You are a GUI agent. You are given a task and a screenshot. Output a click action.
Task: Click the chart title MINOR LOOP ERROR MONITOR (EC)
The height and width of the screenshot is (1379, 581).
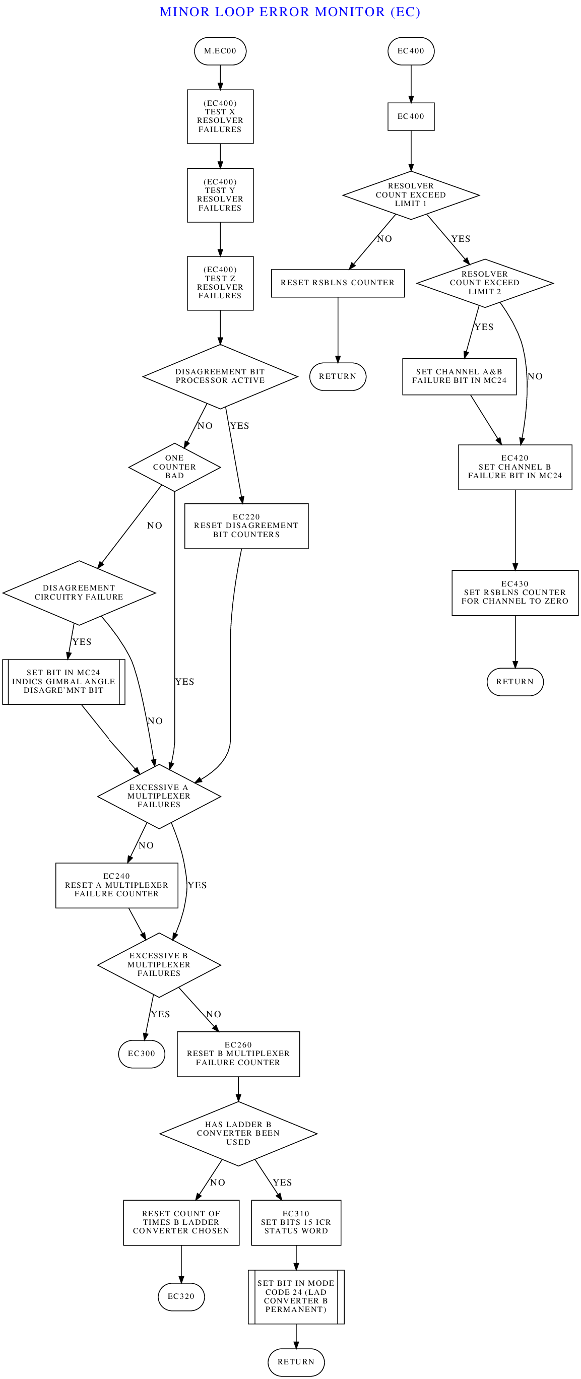point(290,12)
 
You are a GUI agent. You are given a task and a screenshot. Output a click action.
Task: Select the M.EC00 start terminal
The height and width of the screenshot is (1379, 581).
point(220,51)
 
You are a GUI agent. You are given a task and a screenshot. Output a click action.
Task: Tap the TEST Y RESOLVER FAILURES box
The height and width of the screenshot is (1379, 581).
point(220,195)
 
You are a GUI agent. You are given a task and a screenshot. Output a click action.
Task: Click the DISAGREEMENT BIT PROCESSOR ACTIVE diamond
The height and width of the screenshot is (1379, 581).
point(220,376)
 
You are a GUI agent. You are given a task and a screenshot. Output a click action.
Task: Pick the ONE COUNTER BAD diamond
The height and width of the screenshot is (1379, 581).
point(174,467)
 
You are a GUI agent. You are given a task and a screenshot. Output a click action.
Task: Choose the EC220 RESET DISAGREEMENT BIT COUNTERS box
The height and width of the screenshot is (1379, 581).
point(246,526)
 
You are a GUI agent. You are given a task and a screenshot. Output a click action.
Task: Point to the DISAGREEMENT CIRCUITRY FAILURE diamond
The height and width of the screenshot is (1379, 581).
point(79,593)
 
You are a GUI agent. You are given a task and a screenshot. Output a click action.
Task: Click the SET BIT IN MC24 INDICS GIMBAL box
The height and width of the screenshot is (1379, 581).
point(63,682)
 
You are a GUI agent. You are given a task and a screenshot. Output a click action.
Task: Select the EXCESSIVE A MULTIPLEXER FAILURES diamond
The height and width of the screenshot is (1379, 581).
point(159,796)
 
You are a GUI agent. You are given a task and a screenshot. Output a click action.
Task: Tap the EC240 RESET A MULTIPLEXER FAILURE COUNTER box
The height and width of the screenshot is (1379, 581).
point(117,885)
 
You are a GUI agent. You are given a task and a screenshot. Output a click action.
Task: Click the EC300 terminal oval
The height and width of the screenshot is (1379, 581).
point(142,1054)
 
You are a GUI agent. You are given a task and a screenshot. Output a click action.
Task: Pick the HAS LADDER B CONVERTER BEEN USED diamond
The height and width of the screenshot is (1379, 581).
point(238,1133)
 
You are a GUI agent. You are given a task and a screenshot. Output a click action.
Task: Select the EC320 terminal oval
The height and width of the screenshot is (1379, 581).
point(181,1296)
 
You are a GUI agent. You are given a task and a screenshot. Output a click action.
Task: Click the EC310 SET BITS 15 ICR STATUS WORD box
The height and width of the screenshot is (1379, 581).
point(296,1223)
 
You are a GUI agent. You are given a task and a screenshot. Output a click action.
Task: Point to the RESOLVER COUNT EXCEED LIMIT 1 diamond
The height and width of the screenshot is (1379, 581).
point(411,195)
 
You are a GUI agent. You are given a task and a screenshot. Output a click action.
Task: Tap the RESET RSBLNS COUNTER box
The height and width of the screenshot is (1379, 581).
point(338,283)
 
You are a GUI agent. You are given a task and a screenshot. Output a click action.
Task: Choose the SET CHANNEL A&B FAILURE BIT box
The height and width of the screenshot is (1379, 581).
point(460,376)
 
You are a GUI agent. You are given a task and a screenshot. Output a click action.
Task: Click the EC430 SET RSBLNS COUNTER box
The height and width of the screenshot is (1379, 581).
point(515,593)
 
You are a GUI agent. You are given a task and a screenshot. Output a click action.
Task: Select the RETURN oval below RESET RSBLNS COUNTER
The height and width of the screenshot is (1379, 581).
point(338,376)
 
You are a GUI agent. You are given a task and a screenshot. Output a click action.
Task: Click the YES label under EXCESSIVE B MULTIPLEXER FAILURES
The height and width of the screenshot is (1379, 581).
point(161,1014)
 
